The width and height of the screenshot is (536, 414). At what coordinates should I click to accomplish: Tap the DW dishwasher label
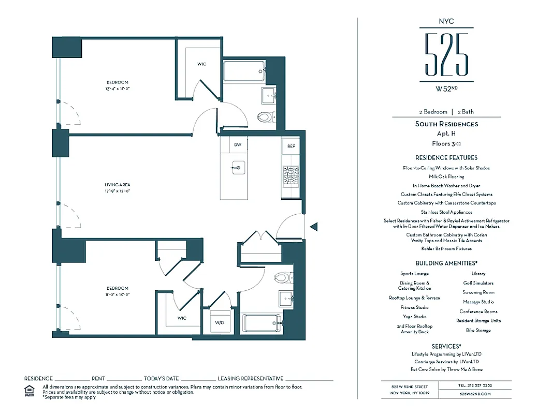[x=237, y=145]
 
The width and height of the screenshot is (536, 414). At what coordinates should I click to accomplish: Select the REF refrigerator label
[x=291, y=146]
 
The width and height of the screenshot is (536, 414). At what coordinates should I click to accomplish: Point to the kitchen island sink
[x=238, y=167]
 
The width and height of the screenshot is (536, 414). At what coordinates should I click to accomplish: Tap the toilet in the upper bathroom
[x=265, y=117]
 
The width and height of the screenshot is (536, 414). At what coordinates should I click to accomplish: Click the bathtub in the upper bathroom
[x=244, y=71]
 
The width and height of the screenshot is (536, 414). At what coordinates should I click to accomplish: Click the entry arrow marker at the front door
[x=313, y=226]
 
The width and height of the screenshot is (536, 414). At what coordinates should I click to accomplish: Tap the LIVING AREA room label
[x=118, y=185]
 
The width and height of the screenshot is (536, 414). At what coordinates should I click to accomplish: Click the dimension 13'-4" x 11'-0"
[x=118, y=88]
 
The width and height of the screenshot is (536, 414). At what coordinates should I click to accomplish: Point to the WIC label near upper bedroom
[x=201, y=64]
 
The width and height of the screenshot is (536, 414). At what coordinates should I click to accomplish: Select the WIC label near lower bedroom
[x=182, y=318]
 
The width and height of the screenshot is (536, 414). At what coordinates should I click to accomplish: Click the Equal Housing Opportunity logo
[x=30, y=390]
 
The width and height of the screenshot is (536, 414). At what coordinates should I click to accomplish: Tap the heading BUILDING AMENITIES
[x=446, y=263]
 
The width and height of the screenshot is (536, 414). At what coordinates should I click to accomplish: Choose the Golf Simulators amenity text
[x=478, y=283]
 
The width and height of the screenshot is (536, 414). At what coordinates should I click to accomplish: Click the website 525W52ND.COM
[x=474, y=394]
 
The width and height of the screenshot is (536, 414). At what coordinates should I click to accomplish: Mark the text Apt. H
[x=446, y=134]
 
